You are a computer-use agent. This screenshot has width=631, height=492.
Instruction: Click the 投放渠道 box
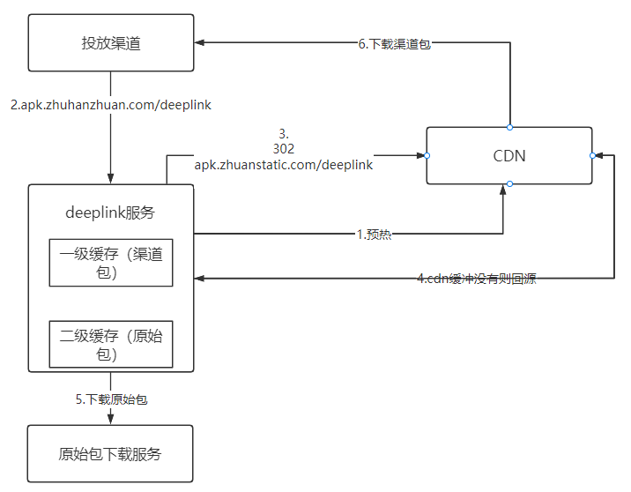(x=110, y=42)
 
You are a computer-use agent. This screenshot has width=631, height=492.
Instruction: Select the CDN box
(x=509, y=156)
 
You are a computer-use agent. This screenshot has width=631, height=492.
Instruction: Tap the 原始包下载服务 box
(x=110, y=454)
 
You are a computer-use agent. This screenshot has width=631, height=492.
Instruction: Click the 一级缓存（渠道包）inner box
(x=110, y=263)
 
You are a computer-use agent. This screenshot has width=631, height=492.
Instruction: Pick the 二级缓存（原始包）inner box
(x=110, y=344)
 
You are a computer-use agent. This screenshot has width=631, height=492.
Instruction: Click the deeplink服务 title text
(x=110, y=212)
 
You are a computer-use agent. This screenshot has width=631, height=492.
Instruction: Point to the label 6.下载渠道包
(x=395, y=43)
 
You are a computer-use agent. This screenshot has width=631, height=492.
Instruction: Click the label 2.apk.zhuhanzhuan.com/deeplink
(x=111, y=105)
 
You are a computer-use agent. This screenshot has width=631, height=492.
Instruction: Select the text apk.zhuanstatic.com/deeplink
(x=283, y=164)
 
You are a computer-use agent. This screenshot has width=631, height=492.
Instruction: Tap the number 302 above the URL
(x=283, y=149)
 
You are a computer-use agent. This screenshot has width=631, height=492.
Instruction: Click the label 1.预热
(x=374, y=235)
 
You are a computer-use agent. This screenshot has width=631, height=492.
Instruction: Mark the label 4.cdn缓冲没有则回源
(x=476, y=279)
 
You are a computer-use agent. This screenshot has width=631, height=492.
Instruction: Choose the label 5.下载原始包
(x=111, y=399)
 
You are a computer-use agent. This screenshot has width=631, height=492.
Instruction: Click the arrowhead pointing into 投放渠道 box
(x=200, y=42)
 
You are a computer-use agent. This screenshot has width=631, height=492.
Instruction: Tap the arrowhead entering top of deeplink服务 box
(x=110, y=179)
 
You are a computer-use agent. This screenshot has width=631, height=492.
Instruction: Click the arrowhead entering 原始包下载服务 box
(x=110, y=419)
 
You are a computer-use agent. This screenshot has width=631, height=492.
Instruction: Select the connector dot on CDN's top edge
(x=509, y=127)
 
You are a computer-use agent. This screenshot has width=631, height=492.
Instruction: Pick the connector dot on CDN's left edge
(x=427, y=156)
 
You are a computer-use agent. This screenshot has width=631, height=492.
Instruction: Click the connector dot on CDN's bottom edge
(x=509, y=184)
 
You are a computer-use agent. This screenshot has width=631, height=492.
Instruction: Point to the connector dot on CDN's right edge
(x=592, y=156)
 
